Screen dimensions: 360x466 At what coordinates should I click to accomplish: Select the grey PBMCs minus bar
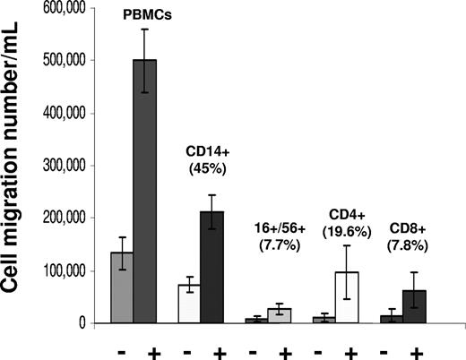[x=123, y=287]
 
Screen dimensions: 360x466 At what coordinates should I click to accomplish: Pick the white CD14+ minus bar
[x=188, y=304]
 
